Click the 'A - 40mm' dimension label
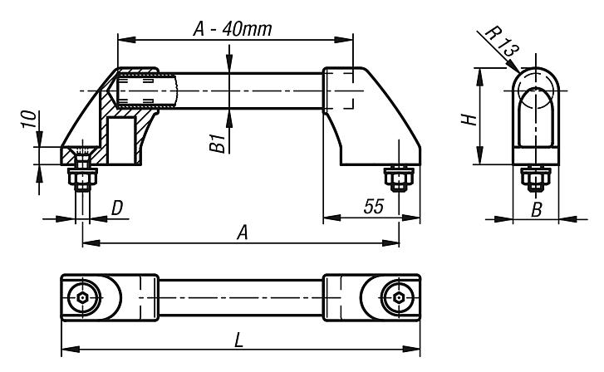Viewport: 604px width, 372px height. [234, 28]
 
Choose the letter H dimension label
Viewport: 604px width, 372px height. [469, 117]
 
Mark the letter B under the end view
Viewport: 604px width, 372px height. [536, 211]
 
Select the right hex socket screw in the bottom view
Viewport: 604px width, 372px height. [398, 296]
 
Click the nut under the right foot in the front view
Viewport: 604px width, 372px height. [397, 179]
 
